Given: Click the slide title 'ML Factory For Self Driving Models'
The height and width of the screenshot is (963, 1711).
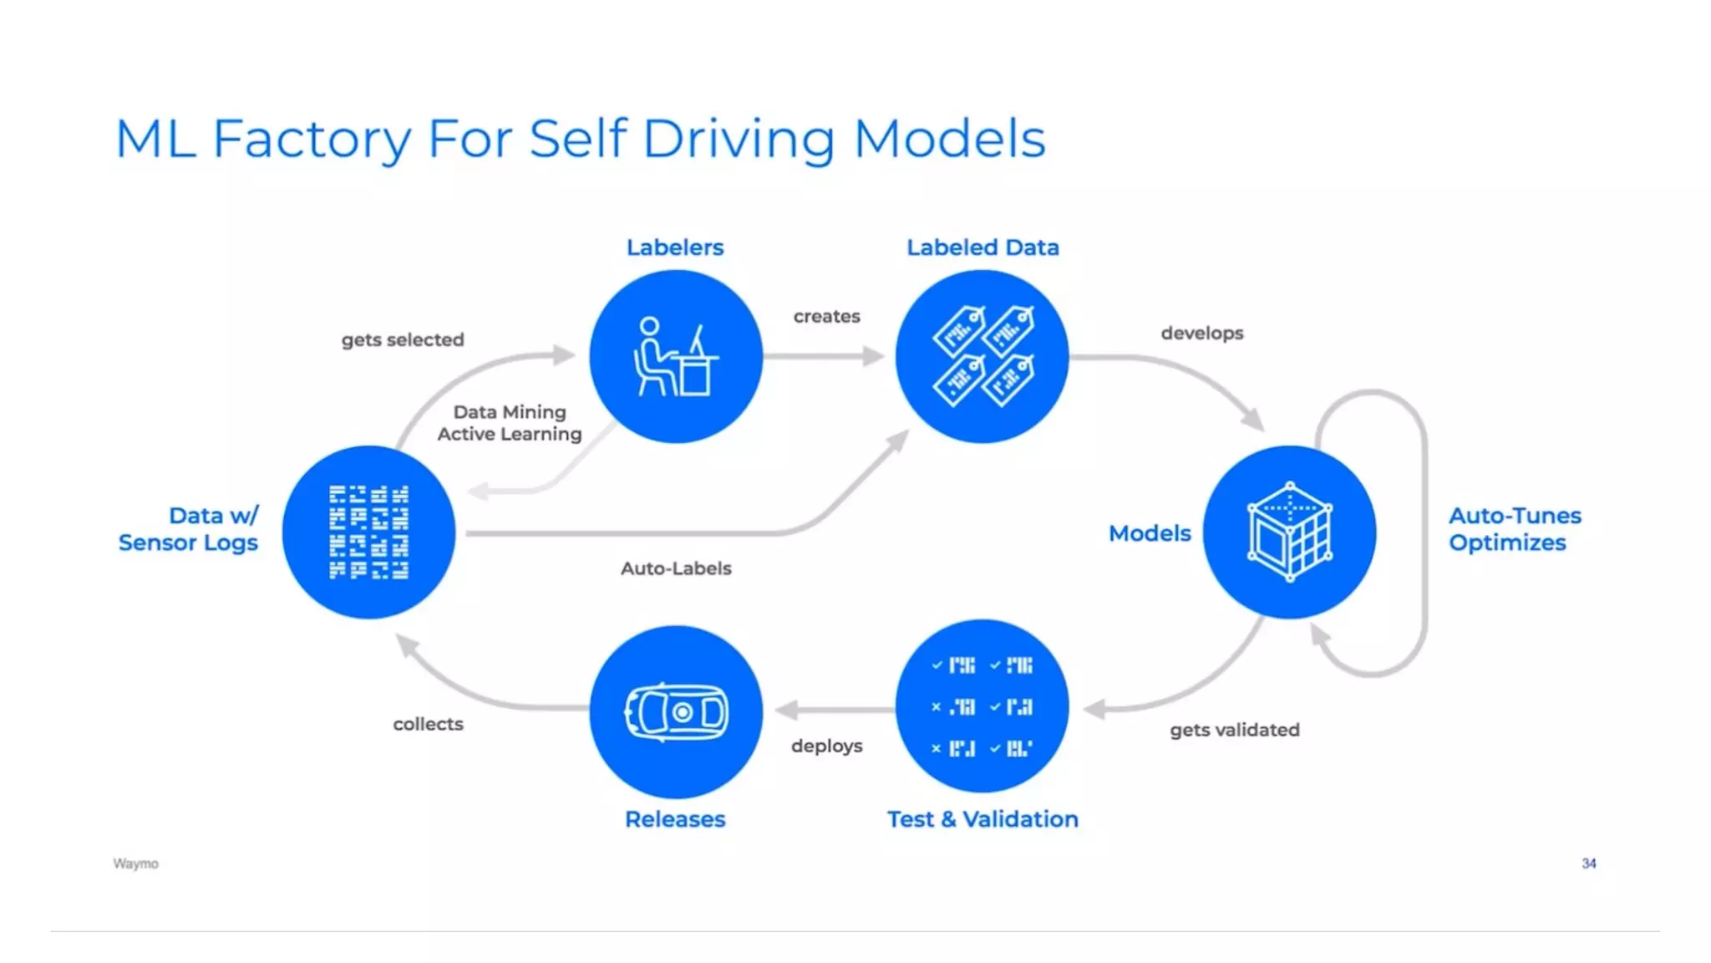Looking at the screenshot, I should point(580,139).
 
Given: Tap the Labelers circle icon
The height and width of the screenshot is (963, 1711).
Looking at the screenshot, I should point(675,357).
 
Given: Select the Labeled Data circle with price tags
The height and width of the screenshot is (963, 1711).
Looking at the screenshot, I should point(982,357).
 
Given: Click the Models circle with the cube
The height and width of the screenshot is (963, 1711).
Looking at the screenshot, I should point(1289,532).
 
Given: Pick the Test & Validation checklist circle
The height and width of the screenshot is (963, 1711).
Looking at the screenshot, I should point(982,707).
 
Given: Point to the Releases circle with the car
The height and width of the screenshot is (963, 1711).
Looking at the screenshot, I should point(675,712).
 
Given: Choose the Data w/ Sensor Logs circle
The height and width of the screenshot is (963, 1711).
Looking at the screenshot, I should point(368,532).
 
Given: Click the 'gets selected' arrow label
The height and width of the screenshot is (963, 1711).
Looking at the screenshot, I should point(403,340).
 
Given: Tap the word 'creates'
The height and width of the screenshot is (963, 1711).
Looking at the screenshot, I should point(826,317).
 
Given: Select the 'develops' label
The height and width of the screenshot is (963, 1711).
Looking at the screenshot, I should point(1201,334).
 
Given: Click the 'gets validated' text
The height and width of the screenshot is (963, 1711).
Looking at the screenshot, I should point(1234,731).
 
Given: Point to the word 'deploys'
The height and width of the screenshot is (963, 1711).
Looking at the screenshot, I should point(826,746).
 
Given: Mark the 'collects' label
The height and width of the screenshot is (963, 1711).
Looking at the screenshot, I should point(428,725).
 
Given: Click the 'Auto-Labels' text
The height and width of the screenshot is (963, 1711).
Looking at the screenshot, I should point(676,569).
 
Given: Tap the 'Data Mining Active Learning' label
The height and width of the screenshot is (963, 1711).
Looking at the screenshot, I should point(510,423).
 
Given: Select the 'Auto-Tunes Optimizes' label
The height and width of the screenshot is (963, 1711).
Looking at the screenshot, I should point(1514,529).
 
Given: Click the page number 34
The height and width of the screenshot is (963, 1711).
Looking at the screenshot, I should point(1588,864).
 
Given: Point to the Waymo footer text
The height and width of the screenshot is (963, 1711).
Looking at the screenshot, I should point(135,864).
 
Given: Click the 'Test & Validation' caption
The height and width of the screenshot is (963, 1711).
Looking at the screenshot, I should point(982,819).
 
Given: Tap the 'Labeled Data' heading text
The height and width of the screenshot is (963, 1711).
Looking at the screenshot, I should point(982,248).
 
